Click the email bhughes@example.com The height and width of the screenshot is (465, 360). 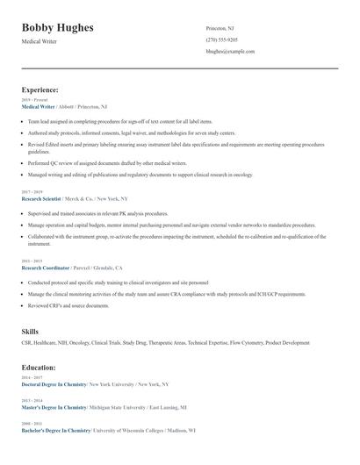(230, 52)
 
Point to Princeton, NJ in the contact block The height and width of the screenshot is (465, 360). (220, 28)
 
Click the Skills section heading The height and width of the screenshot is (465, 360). (30, 332)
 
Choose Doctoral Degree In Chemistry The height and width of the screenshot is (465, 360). (54, 384)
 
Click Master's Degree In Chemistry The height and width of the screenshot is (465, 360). (54, 407)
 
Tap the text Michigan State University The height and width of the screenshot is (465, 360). (120, 407)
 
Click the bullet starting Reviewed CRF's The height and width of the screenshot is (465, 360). (68, 305)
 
